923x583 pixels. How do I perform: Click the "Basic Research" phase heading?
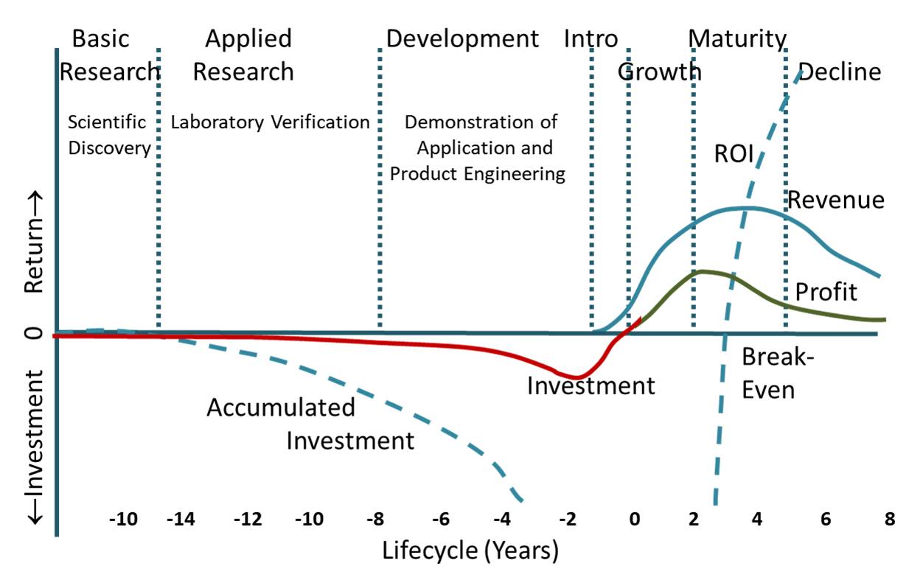110,55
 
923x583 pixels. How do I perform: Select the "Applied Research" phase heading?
248,55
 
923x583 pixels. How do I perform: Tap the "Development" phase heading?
463,38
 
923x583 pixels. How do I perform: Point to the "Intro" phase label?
591,38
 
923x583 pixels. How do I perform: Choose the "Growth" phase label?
659,72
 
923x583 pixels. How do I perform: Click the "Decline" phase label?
840,72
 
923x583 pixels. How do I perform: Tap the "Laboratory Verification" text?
270,122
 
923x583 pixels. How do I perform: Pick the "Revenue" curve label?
835,200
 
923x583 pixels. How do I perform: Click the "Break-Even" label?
768,373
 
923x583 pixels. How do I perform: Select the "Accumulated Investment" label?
310,424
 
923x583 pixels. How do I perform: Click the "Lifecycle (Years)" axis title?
470,550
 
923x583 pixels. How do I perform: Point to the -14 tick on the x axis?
181,519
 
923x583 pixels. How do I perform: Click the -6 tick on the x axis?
441,519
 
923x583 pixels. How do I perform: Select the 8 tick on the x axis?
889,519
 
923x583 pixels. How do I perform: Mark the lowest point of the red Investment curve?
576,378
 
